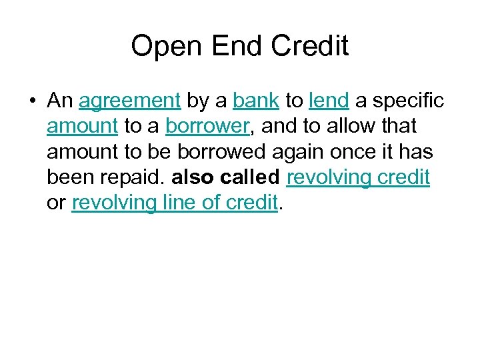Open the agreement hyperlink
129,101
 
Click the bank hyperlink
256,101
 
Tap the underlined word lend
329,101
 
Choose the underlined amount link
83,126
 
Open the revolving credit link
358,177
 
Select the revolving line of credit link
173,203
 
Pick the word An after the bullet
59,101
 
